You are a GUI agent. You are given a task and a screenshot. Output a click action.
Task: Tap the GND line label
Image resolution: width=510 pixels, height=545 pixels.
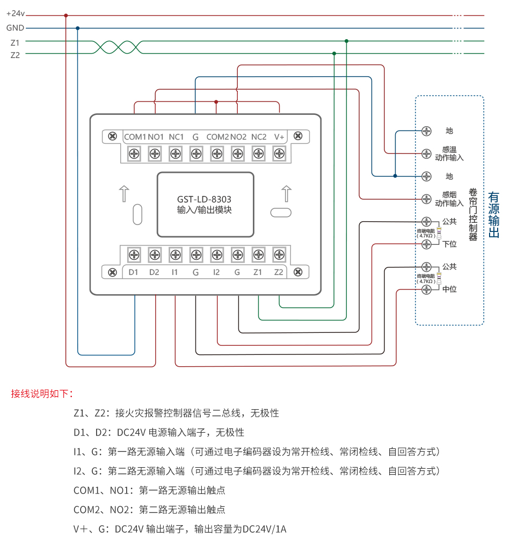click(15, 28)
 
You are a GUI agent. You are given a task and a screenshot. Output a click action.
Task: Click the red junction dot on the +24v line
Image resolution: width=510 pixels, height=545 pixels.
click(66, 16)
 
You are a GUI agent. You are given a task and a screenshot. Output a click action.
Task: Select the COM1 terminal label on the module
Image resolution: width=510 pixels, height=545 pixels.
click(135, 137)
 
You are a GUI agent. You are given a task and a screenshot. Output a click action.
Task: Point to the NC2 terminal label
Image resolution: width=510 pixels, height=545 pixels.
click(259, 137)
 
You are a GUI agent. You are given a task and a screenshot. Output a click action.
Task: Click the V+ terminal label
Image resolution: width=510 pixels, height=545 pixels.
click(279, 137)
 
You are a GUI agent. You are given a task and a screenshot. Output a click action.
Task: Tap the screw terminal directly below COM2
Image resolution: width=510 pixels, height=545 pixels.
click(217, 154)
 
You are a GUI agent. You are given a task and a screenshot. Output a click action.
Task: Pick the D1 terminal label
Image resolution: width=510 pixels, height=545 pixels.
click(134, 272)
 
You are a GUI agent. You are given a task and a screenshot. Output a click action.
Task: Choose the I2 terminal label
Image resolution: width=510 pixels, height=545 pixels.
click(216, 272)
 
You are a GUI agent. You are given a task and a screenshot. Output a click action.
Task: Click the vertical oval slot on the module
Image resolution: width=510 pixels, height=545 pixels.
click(137, 213)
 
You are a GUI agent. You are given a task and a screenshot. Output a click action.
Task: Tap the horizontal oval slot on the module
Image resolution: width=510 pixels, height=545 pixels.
click(281, 213)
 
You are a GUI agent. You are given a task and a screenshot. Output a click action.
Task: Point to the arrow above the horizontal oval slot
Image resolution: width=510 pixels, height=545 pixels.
click(286, 193)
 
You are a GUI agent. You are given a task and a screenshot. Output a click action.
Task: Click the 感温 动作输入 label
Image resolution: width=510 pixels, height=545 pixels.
click(449, 154)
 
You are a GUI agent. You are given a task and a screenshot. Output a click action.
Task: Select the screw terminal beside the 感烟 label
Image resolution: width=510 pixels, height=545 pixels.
click(426, 199)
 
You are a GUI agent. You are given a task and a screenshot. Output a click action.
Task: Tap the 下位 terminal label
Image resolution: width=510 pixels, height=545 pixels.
click(449, 244)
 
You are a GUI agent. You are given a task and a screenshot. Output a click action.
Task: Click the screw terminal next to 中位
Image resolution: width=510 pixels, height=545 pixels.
click(426, 289)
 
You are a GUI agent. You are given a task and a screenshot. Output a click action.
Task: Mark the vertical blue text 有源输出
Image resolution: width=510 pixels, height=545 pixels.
click(494, 215)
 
